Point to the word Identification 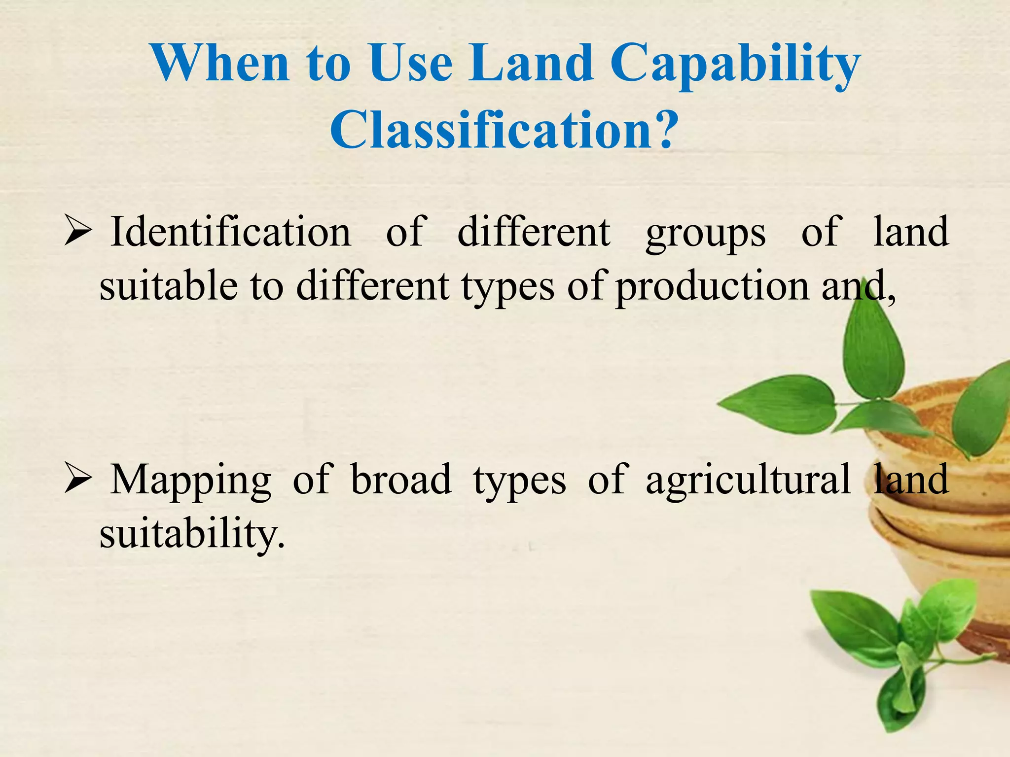pos(230,232)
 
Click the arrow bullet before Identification pos(78,232)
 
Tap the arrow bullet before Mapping pos(78,480)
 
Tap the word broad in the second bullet pos(401,479)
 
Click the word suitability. pos(192,534)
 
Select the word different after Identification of pos(534,232)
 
